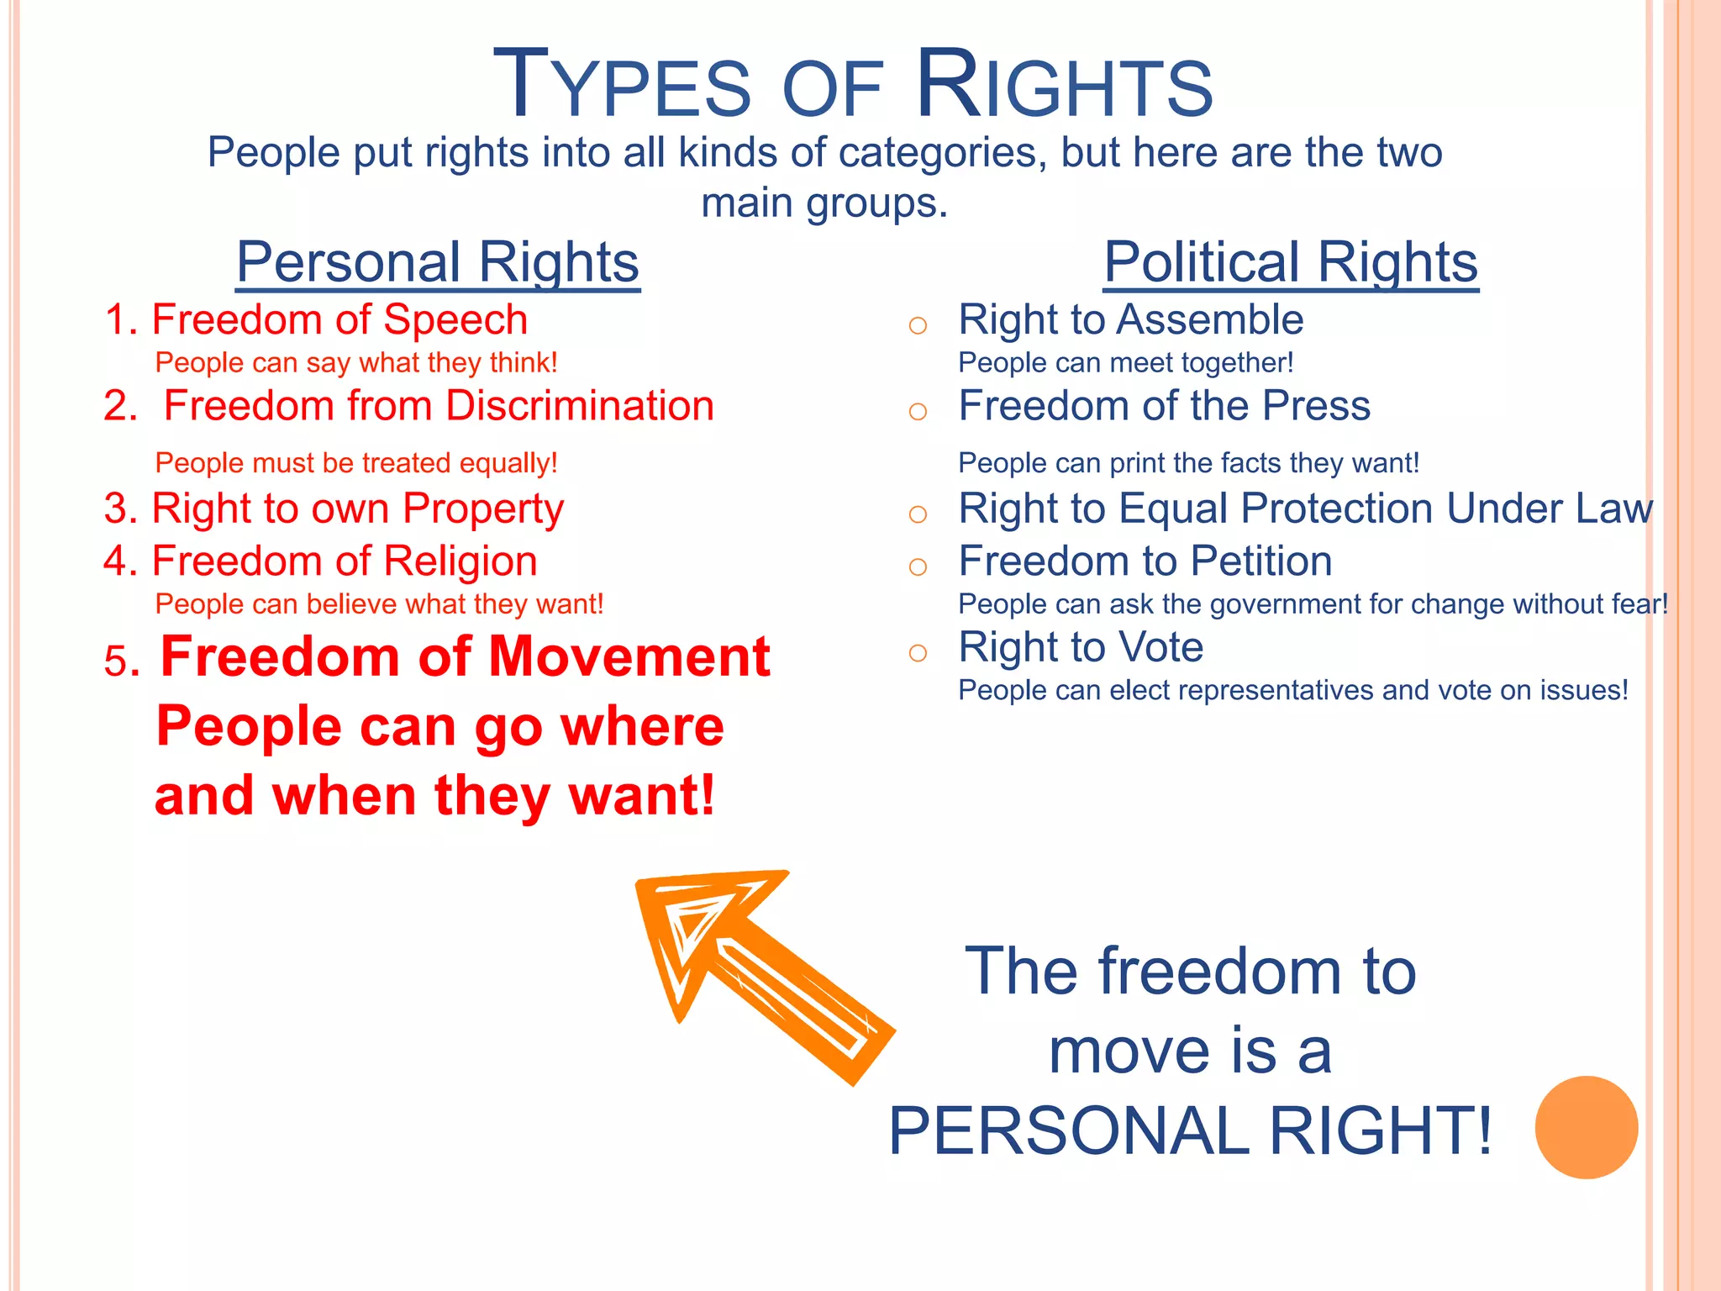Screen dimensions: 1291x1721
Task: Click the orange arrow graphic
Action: point(756,967)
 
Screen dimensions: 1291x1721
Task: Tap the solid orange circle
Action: point(1586,1127)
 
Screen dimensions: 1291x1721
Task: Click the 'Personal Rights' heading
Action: point(438,262)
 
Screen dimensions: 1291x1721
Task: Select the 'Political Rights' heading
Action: point(1291,262)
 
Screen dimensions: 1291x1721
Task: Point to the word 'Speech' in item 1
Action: point(455,320)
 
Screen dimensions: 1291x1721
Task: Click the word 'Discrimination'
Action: point(580,406)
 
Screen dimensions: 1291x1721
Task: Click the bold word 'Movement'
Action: point(629,656)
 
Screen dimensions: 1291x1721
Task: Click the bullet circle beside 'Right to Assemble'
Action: point(918,325)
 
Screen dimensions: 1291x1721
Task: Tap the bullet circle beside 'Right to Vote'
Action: point(918,652)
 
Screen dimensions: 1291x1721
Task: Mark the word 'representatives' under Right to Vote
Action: point(1241,691)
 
